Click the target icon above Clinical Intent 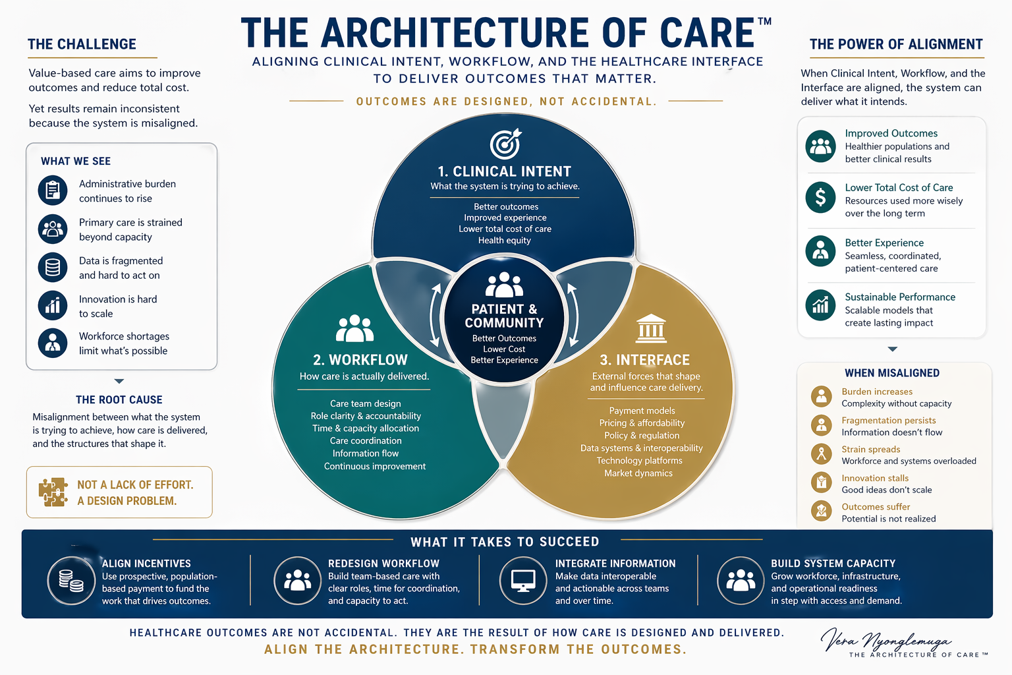click(505, 144)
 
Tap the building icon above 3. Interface click(651, 328)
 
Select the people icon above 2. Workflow click(354, 328)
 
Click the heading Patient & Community click(504, 316)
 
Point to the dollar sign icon click(820, 196)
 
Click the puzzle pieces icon click(53, 492)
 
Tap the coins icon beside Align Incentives click(71, 581)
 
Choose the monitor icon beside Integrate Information click(524, 581)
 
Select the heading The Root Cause click(119, 399)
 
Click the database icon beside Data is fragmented click(53, 267)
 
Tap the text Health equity click(505, 241)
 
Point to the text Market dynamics click(638, 473)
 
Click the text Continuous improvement click(374, 466)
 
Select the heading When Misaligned click(892, 373)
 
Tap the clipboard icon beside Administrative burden click(53, 191)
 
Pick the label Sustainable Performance click(900, 297)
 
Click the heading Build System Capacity click(833, 564)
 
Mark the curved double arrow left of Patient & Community click(435, 315)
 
